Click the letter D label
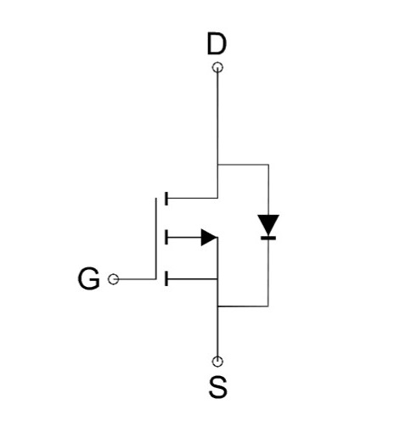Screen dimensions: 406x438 (217, 43)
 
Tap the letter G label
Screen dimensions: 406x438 (88, 278)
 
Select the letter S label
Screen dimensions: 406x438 (217, 387)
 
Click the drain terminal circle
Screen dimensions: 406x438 (217, 68)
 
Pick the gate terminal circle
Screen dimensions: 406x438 (113, 279)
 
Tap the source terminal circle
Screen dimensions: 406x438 (217, 362)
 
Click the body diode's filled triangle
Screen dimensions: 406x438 (268, 223)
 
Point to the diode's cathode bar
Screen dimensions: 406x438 (268, 238)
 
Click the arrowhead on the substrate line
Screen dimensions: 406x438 (209, 238)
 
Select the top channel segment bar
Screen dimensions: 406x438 (166, 199)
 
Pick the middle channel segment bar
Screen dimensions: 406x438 (166, 237)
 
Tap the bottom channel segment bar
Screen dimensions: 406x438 (166, 278)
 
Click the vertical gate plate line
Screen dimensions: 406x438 (155, 239)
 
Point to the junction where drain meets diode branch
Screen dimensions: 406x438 (217, 165)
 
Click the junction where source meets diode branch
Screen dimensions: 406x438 (217, 306)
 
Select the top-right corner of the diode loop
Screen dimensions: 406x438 (268, 165)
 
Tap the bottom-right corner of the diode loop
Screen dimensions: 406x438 (268, 306)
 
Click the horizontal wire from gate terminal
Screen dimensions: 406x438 (137, 279)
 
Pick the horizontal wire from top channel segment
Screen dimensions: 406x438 (193, 198)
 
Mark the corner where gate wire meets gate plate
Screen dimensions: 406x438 (155, 279)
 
